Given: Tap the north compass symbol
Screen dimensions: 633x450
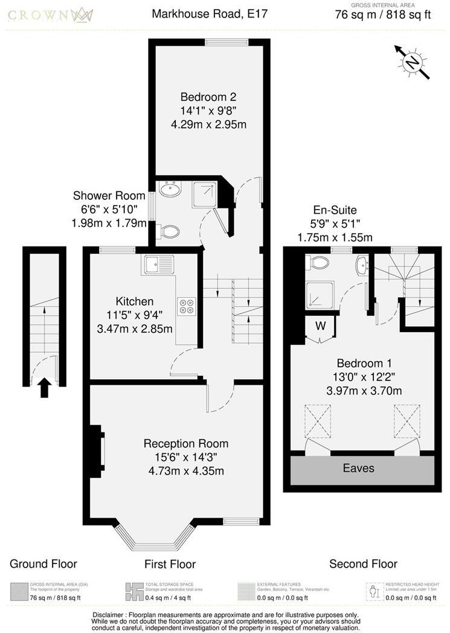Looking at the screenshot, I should [x=413, y=62].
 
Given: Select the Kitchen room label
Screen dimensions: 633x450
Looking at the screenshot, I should [x=135, y=301].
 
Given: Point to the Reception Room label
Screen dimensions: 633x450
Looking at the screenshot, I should [x=186, y=443].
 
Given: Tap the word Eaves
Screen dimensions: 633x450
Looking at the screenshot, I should [x=359, y=468].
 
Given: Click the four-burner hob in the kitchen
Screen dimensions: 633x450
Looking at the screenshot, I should [x=186, y=306].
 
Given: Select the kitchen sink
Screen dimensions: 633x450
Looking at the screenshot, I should [x=158, y=264].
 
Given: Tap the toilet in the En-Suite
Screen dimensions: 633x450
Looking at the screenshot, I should [x=318, y=263].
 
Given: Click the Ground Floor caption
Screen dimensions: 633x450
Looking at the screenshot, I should [x=43, y=564].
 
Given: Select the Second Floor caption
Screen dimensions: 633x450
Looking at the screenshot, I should [x=363, y=564].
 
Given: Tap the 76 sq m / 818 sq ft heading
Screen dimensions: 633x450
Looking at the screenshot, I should [x=383, y=15].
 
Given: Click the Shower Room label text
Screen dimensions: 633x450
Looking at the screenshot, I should [x=109, y=196].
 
